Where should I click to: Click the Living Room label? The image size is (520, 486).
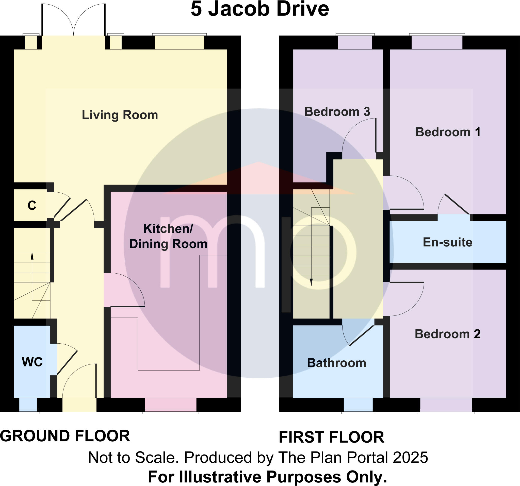click(x=120, y=115)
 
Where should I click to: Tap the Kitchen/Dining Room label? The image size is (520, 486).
click(x=168, y=236)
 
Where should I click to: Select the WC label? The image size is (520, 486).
click(x=32, y=362)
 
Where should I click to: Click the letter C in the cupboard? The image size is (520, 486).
click(x=32, y=206)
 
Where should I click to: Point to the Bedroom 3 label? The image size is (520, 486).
click(x=337, y=112)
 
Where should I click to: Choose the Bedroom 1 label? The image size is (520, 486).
click(x=448, y=132)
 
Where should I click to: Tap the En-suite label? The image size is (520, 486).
click(x=448, y=242)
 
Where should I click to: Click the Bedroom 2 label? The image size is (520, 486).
click(x=448, y=334)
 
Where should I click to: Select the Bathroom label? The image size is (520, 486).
click(x=336, y=363)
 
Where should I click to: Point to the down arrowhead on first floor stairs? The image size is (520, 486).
click(x=311, y=282)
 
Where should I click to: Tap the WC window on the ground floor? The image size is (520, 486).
click(x=28, y=405)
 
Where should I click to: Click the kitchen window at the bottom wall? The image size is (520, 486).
click(x=171, y=405)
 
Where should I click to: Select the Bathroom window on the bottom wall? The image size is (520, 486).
click(x=358, y=405)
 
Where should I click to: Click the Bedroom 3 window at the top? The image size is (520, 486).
click(x=355, y=42)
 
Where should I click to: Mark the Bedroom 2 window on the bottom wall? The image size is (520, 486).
click(x=446, y=405)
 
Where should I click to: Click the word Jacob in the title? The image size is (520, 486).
click(x=239, y=9)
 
